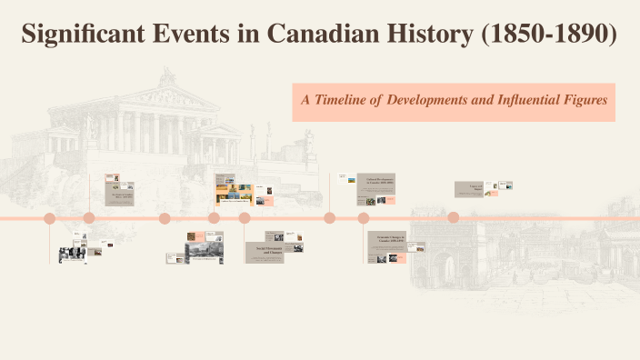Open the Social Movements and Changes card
point(264,251)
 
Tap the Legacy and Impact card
point(469,188)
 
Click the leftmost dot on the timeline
point(50,218)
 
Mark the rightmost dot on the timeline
point(453,218)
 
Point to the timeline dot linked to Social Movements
point(245,218)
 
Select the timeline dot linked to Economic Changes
point(364,218)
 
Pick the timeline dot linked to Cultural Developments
point(330,218)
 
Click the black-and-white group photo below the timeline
point(72,254)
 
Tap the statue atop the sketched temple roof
point(168,75)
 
